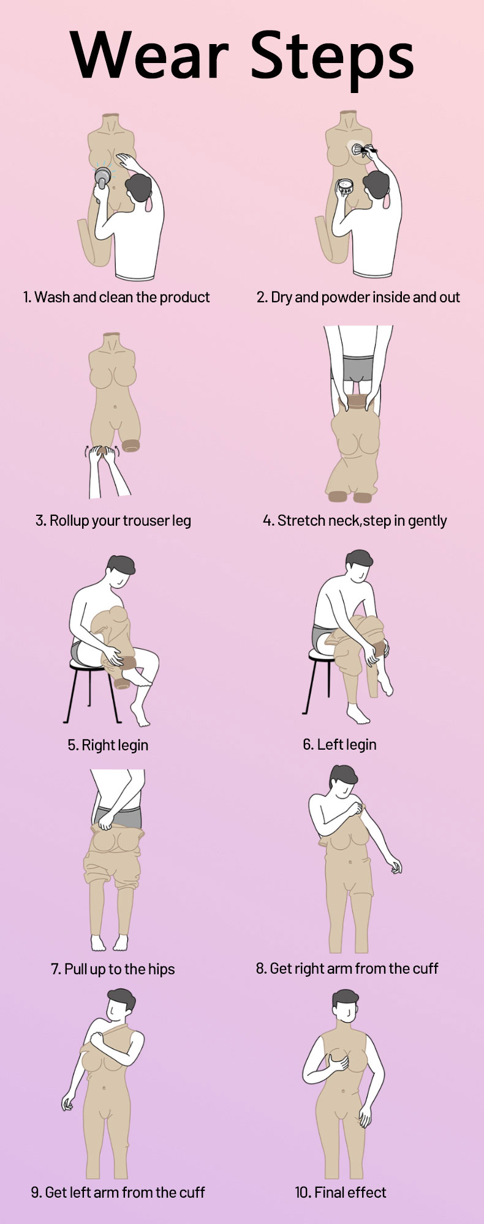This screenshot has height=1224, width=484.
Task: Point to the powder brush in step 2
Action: coord(365,150)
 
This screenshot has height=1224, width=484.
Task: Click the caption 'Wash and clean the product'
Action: coord(116,297)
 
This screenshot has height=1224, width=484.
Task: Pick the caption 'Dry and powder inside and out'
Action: coord(358,298)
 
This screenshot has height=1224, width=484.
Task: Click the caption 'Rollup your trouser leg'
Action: coord(113,521)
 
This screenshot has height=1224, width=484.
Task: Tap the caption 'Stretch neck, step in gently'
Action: coord(355,521)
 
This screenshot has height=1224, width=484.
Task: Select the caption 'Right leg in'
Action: coord(108,745)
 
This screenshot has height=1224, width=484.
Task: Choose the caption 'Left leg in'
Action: coord(339,745)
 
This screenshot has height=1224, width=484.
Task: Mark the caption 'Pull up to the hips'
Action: coord(113,969)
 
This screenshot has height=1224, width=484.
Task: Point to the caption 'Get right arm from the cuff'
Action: coord(347,968)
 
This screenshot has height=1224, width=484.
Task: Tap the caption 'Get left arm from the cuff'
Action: coord(118,1192)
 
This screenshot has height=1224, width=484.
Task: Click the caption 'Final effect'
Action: coord(341,1192)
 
